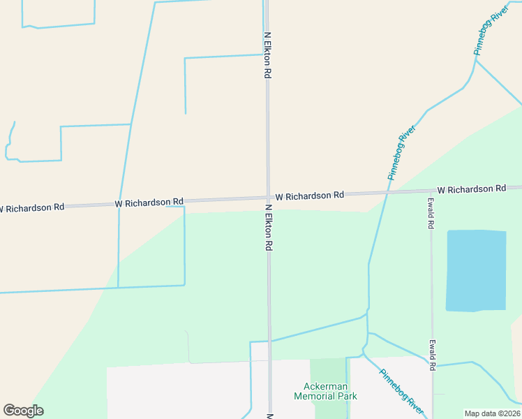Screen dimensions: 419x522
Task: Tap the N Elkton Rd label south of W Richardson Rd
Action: [x=268, y=228]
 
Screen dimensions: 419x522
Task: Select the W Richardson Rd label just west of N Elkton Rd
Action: [x=149, y=203]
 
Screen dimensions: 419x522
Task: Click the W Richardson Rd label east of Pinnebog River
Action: [x=471, y=189]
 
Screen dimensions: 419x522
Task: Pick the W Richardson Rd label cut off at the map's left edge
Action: [x=31, y=207]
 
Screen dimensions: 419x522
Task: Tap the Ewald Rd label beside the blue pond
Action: [x=431, y=213]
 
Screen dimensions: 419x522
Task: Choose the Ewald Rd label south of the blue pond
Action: [x=433, y=355]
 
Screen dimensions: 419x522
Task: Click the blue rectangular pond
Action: [x=476, y=270]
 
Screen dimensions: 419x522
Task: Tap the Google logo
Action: [x=23, y=411]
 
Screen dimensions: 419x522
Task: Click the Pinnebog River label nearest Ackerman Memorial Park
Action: [x=401, y=390]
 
